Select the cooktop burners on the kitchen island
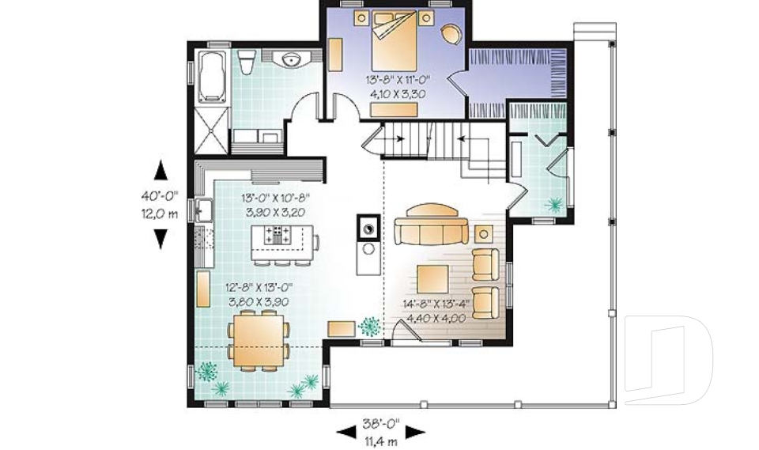281,235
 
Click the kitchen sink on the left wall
203,211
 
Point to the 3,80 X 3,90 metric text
258,301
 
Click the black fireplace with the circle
368,228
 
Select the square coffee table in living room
433,280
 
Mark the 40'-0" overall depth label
160,195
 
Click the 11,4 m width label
381,442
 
